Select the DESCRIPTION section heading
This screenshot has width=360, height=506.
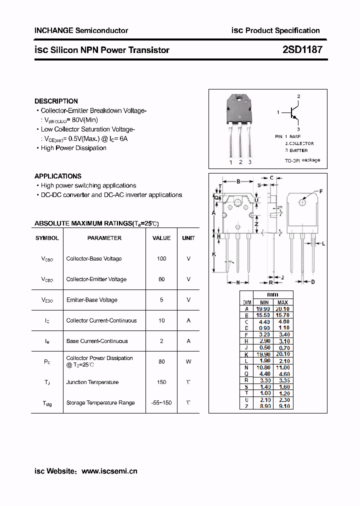56,101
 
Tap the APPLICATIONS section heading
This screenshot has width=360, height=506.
58,176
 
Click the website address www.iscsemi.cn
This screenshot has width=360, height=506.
109,471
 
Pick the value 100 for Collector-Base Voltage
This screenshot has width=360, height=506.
161,259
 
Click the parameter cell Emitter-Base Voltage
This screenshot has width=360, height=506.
92,300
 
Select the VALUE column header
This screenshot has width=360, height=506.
161,238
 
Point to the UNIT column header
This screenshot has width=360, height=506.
188,238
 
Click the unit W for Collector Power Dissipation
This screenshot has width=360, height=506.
188,361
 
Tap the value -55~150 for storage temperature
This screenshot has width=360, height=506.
161,403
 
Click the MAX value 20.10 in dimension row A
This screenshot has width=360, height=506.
282,309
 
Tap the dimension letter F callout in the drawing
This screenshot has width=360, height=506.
320,191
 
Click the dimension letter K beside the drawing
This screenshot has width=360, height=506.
214,254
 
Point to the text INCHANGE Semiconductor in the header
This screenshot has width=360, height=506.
81,30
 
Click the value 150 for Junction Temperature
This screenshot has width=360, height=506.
161,382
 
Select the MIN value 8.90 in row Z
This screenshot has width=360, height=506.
264,406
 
